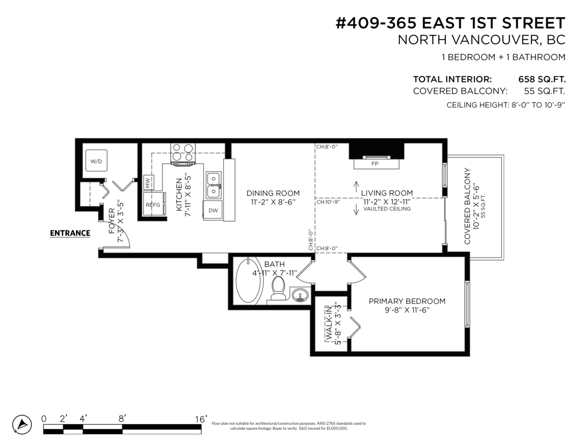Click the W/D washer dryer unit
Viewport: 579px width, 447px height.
click(96, 161)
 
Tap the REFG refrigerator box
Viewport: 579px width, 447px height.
click(153, 204)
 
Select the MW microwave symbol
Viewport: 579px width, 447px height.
click(149, 182)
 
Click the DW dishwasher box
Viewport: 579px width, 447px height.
click(213, 210)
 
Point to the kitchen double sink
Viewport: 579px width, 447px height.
click(213, 185)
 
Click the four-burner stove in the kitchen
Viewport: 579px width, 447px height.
click(182, 152)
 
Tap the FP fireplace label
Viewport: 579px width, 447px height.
click(374, 164)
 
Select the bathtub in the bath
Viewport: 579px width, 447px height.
click(248, 281)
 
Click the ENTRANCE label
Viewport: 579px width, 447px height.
click(70, 233)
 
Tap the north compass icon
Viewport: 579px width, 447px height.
click(21, 424)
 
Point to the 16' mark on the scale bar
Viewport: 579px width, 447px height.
click(201, 419)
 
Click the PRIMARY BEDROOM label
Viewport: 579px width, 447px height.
click(407, 301)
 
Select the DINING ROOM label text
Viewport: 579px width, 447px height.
click(273, 193)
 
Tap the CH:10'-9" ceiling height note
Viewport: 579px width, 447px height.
click(328, 202)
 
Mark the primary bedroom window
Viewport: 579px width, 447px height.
click(467, 304)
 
